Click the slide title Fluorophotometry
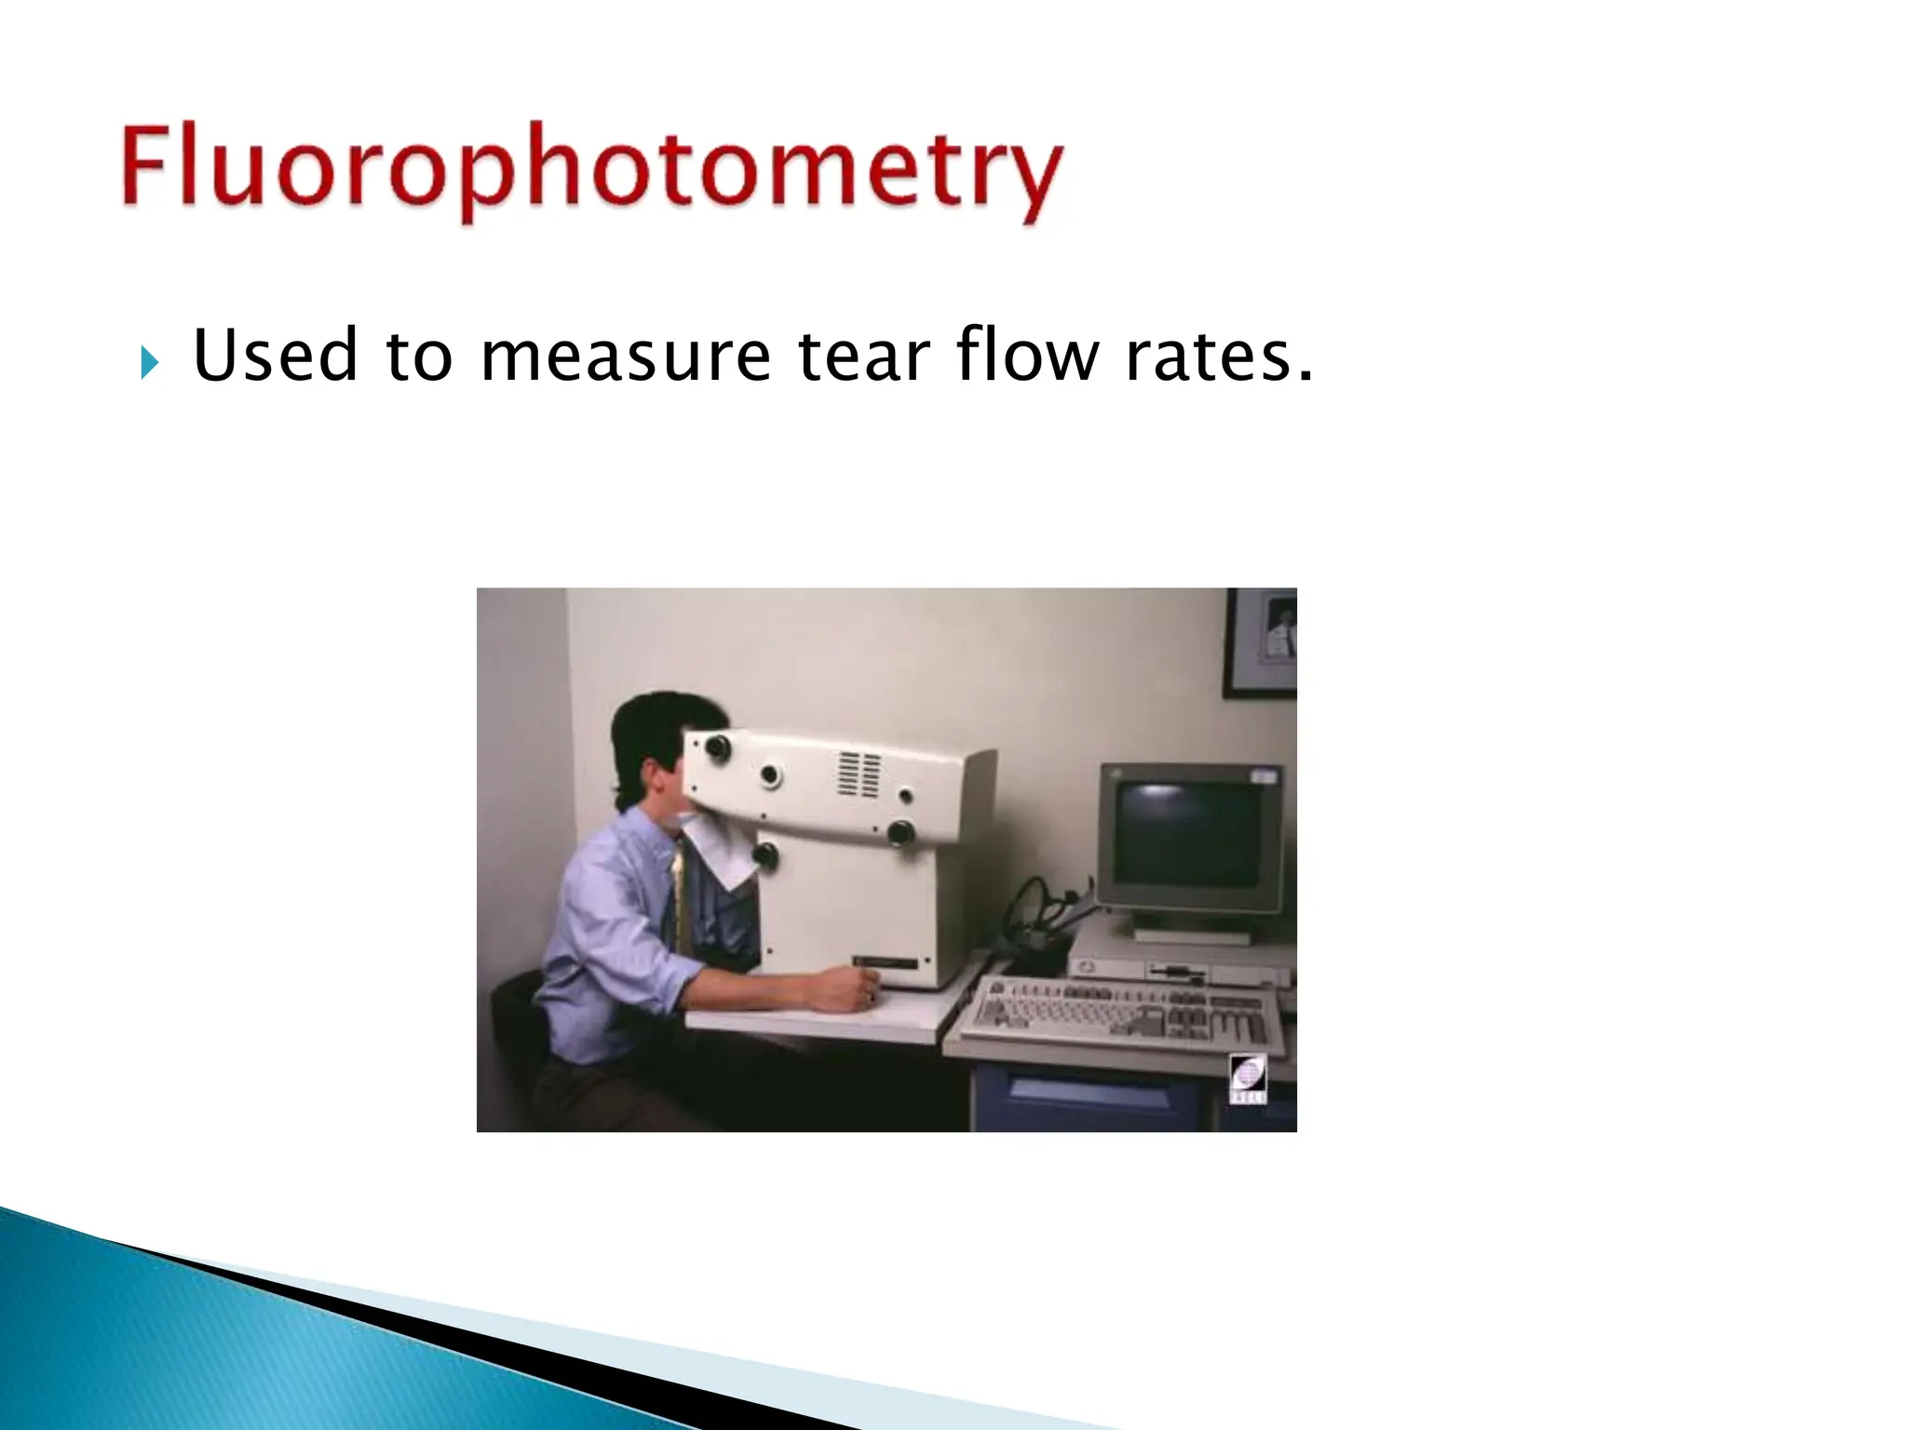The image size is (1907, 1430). tap(592, 170)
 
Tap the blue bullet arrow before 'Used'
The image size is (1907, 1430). tap(149, 362)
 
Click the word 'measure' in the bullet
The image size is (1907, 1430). tap(625, 357)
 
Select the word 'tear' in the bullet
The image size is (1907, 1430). tap(864, 357)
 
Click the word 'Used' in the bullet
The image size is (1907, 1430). tap(276, 357)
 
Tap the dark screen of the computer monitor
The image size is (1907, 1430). tap(1186, 832)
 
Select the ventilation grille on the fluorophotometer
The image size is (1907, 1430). tap(859, 775)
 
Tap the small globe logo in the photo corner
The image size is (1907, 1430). tap(1248, 1078)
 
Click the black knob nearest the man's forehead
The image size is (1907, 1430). tap(717, 746)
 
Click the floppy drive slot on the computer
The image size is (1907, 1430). tap(1178, 974)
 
